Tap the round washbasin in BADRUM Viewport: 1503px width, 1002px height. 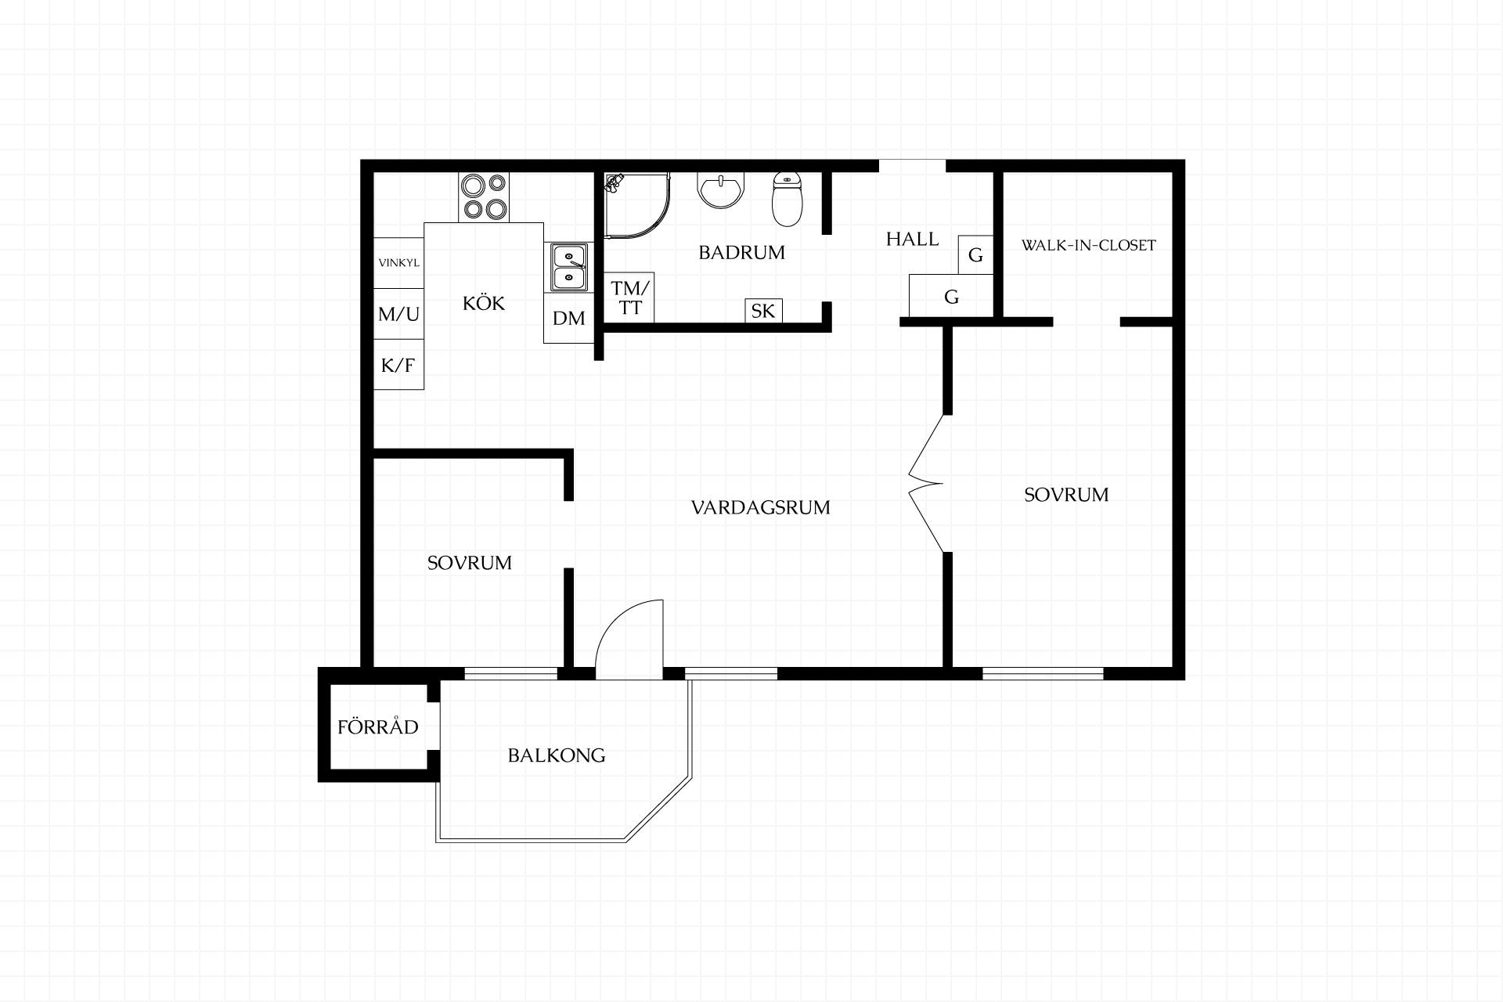pos(721,190)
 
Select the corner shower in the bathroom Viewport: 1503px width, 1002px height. pos(637,205)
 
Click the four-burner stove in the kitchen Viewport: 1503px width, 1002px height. pos(484,196)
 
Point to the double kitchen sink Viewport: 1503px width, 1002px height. pos(569,267)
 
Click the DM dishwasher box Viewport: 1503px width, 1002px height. pos(569,318)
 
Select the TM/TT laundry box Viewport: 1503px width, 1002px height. pos(629,297)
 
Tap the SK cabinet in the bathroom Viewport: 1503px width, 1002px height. pos(762,311)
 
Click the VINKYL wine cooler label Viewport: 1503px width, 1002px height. pos(398,263)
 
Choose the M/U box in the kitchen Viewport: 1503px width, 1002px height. pos(398,313)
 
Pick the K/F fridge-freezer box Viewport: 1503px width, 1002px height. pos(398,364)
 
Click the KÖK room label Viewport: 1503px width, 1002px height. pos(484,302)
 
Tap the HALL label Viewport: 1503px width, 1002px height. pos(912,239)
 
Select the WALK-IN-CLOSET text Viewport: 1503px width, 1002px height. pos(1088,245)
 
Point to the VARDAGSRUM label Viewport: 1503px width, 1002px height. pos(761,507)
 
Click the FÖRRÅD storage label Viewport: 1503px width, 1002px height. pos(378,726)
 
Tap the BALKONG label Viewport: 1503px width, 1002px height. pos(557,755)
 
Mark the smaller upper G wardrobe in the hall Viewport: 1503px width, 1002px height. pos(975,254)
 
